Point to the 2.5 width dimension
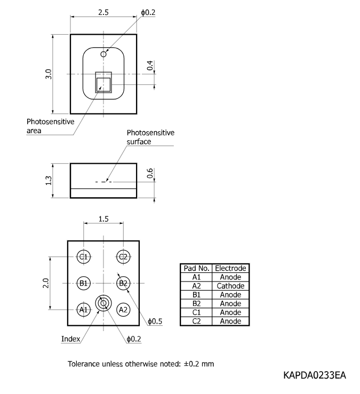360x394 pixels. (x=103, y=12)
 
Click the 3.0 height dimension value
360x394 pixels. (x=49, y=74)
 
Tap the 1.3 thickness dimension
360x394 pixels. (x=49, y=180)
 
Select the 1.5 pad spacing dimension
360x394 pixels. (x=103, y=219)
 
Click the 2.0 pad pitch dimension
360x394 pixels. (x=46, y=283)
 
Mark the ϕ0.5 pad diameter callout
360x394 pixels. (x=155, y=321)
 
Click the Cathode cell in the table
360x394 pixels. (x=230, y=286)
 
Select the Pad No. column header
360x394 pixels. (x=196, y=268)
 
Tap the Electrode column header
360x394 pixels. (x=230, y=268)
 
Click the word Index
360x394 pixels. (x=70, y=339)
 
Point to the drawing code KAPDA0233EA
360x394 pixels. (x=315, y=375)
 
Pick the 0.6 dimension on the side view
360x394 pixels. (x=150, y=173)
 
